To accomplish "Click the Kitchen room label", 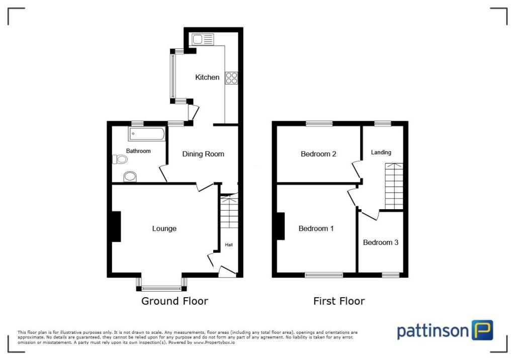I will coord(207,77).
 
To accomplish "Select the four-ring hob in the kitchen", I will coord(231,78).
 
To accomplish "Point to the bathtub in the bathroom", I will coord(146,134).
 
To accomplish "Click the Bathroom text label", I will coord(138,151).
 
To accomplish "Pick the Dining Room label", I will coord(203,154).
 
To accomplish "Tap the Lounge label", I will coord(164,229).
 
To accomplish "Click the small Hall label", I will coord(229,245).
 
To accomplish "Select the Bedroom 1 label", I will coord(316,229).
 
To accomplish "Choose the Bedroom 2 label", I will coord(318,154).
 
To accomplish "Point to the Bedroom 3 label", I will coord(381,242).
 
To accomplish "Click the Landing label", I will coord(381,152).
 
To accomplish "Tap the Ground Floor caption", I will coord(175,301).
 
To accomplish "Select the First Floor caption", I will coord(339,301).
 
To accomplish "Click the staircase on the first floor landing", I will coord(394,186).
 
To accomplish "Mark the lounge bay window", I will coord(161,288).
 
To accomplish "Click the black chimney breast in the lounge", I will coord(116,227).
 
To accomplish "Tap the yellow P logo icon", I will coord(482,330).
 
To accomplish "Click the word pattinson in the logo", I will coord(433,331).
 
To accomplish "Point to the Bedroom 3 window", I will coord(390,275).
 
